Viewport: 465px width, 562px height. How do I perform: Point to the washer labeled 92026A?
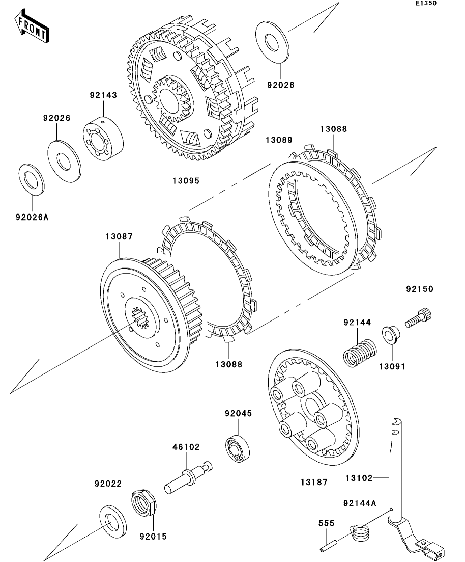pyautogui.click(x=32, y=179)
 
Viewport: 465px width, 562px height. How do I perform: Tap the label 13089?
pyautogui.click(x=279, y=140)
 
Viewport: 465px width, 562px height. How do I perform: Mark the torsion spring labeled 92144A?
pyautogui.click(x=362, y=533)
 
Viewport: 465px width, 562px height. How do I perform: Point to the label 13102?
pyautogui.click(x=359, y=478)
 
